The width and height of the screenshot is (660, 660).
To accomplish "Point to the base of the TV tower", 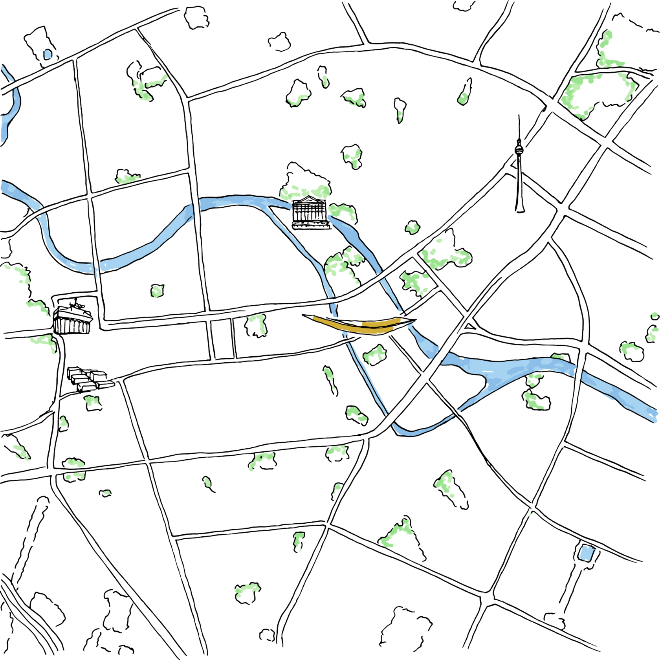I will (x=520, y=210).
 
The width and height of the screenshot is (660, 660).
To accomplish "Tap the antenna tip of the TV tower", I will (x=519, y=116).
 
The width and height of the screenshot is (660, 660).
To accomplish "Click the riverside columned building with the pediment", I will (x=310, y=213).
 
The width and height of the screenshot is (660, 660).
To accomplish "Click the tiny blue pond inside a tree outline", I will (x=48, y=54).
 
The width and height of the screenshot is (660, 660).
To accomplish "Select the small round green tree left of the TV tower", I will (x=412, y=227).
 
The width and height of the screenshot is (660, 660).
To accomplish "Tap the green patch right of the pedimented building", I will (x=343, y=212).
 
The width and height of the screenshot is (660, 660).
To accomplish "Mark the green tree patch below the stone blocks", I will (x=93, y=402).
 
